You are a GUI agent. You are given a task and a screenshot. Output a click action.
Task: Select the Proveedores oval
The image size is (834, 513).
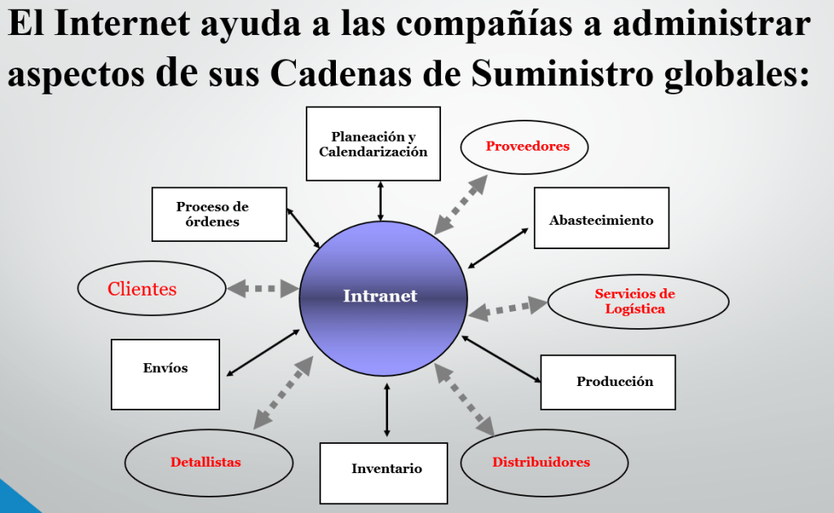point(524,147)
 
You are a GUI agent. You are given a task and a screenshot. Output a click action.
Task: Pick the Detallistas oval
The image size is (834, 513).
point(208,462)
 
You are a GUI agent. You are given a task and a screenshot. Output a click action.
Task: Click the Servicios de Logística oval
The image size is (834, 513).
point(638,301)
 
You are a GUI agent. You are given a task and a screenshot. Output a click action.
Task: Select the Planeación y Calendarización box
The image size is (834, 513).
point(373,144)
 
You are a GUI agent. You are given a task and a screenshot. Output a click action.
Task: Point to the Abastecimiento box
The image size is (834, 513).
point(602,218)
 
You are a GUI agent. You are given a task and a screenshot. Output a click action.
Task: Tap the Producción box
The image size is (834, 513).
point(608,382)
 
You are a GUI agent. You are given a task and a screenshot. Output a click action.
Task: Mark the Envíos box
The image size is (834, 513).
point(165,374)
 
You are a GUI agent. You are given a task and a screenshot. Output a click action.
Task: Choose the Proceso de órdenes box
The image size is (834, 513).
point(219,214)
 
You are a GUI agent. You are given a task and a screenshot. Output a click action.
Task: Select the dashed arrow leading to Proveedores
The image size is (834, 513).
point(461,204)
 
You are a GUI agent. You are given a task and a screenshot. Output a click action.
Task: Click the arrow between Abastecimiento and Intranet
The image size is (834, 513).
point(501,247)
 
